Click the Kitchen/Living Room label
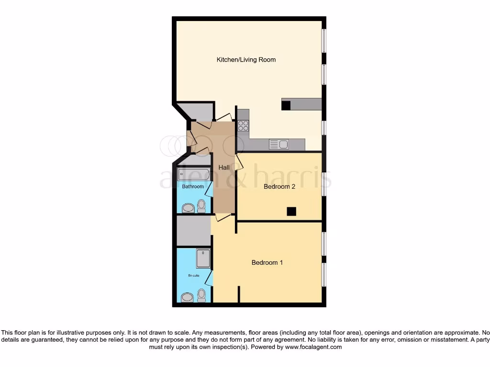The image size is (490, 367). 246,60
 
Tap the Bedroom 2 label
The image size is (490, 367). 279,186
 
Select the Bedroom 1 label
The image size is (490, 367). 267,262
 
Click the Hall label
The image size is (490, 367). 224,168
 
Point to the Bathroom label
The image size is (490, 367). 193,186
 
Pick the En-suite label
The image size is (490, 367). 193,276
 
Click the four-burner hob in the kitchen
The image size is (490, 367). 243,125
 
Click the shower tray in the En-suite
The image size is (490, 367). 203,258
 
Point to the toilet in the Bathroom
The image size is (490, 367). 201,206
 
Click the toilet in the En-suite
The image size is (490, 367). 201,295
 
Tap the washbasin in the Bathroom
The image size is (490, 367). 188,208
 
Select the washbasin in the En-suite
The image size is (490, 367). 187,297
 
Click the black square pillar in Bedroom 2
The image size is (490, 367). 291,211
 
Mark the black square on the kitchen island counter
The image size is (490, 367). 286,106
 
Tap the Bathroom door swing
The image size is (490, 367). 209,190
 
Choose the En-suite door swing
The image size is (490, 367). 209,278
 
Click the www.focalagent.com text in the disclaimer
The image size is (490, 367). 313,347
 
